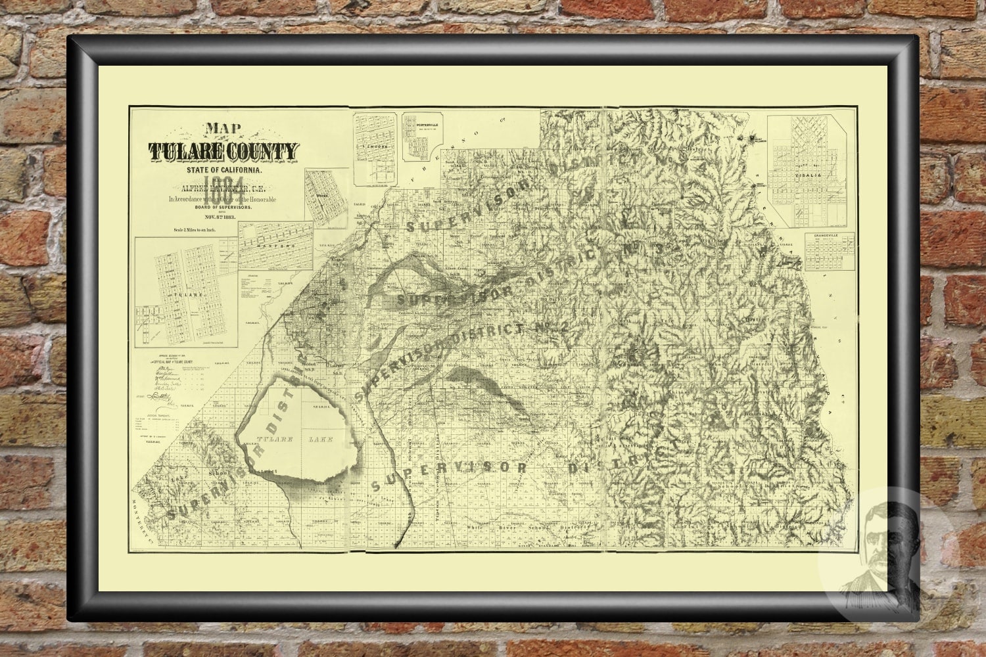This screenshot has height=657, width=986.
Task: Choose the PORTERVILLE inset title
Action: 421,124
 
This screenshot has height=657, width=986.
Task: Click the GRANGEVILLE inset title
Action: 830,235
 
